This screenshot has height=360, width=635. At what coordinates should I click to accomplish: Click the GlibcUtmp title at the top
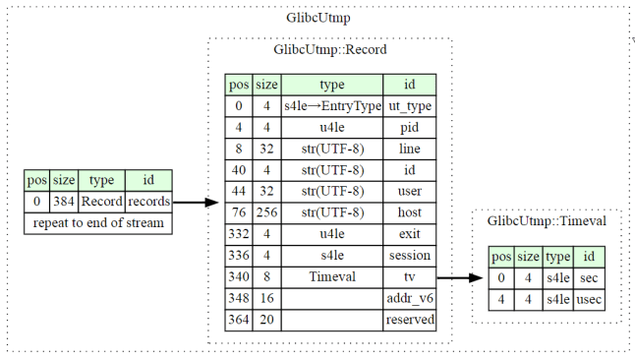(x=317, y=17)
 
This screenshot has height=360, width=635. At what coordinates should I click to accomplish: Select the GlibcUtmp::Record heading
(x=329, y=50)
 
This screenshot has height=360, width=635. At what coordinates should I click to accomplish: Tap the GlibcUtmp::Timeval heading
(x=547, y=221)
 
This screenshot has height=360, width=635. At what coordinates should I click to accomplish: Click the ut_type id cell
(x=409, y=105)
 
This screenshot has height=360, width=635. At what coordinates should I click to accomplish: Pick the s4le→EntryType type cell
(x=332, y=105)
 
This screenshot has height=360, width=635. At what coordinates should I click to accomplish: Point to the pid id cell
(x=409, y=127)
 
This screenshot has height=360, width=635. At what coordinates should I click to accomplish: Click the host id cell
(x=409, y=212)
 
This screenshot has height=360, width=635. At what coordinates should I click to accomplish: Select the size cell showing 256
(x=267, y=212)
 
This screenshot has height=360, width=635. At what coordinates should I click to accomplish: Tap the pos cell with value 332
(x=239, y=234)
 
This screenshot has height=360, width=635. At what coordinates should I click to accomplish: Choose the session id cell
(x=409, y=256)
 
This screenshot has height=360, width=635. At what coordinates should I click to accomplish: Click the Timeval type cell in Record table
(x=332, y=277)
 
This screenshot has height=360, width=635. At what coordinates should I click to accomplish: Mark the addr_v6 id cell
(x=409, y=298)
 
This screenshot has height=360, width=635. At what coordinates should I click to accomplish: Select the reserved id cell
(x=409, y=320)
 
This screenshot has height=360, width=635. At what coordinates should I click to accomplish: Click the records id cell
(x=148, y=202)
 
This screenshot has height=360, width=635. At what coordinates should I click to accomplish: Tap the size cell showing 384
(x=64, y=202)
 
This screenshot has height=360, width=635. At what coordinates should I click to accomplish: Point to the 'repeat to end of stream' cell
(x=98, y=222)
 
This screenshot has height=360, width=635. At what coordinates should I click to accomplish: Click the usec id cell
(x=589, y=298)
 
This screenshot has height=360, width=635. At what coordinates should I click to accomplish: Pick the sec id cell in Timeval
(x=589, y=277)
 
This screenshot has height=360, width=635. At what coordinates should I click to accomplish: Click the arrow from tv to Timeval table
(x=458, y=277)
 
